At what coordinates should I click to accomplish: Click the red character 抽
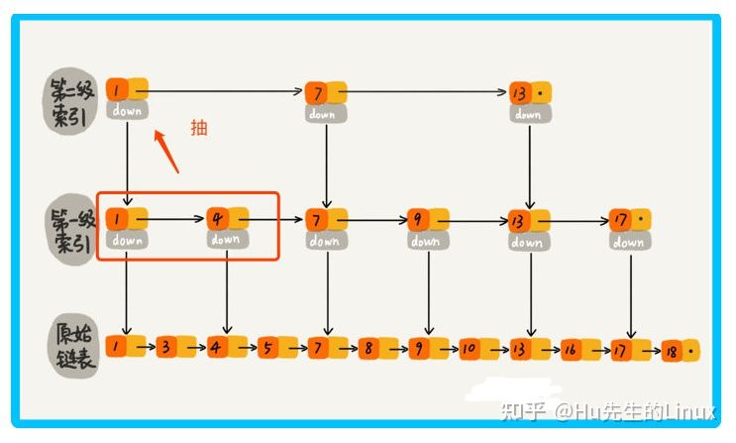pos(199,127)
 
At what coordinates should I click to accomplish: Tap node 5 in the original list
pos(270,348)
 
